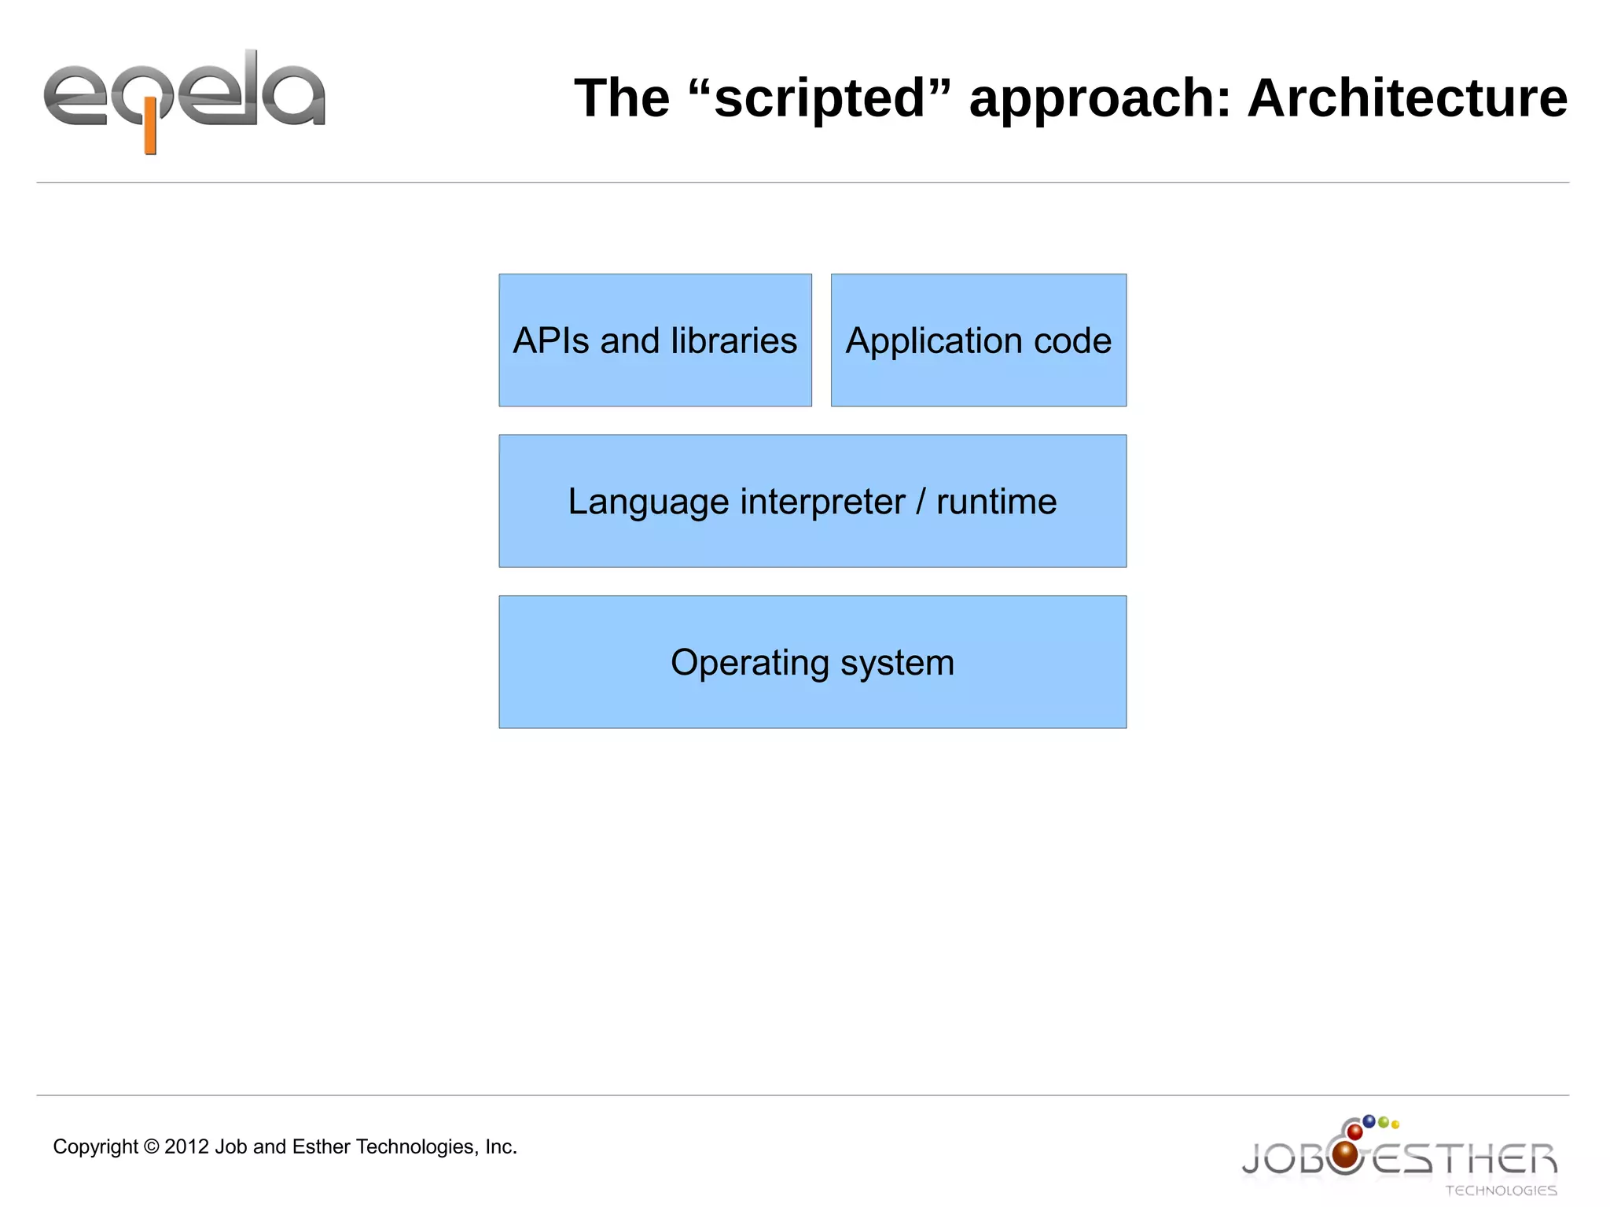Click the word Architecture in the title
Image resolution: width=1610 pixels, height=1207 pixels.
[1407, 98]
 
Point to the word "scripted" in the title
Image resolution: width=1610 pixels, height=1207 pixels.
[820, 98]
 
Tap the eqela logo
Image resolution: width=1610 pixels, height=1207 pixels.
[185, 98]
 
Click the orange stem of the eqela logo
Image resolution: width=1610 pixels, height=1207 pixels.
[150, 134]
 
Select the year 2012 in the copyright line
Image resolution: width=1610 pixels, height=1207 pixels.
[187, 1146]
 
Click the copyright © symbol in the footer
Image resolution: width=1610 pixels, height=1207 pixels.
[152, 1146]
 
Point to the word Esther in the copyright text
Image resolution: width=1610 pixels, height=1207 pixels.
[321, 1146]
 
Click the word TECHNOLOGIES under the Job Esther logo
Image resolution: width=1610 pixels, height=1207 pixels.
[1501, 1190]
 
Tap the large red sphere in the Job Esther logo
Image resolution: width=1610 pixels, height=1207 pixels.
[1346, 1154]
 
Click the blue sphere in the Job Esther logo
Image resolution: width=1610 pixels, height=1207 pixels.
[1369, 1121]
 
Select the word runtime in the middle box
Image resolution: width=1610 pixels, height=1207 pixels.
[996, 502]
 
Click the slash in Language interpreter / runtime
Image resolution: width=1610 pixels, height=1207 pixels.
[921, 502]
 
